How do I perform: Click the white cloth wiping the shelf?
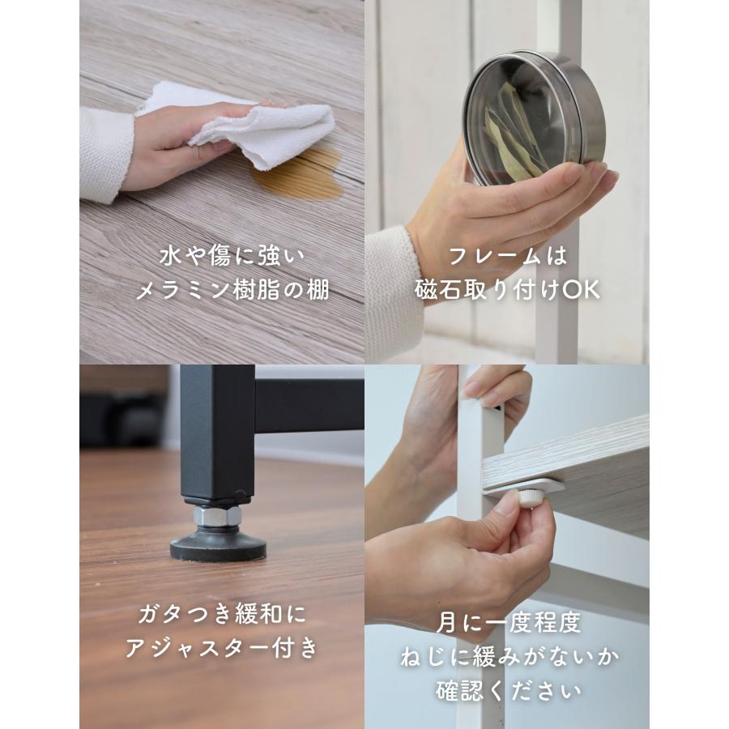click(275, 130)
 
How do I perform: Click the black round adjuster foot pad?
click(218, 547)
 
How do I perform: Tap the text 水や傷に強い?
click(221, 258)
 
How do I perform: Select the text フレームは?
click(507, 258)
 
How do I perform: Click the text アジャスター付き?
click(221, 649)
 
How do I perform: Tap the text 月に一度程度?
click(507, 623)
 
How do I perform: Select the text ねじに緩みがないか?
click(507, 657)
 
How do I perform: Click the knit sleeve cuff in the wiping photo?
click(105, 154)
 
